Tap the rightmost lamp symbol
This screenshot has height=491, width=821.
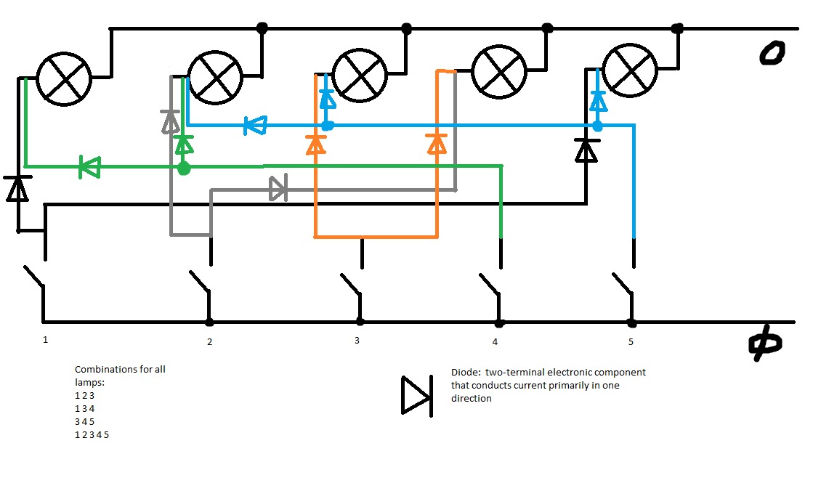click(x=630, y=70)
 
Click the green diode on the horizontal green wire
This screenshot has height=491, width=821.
click(x=89, y=168)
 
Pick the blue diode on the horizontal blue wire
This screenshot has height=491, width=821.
click(x=255, y=126)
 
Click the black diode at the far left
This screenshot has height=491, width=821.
click(x=17, y=188)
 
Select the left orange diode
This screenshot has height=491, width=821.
click(x=315, y=145)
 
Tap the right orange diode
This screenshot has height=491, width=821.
click(x=437, y=144)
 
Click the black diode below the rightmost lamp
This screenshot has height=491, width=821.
click(x=586, y=150)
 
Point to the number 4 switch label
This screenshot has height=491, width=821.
click(x=496, y=341)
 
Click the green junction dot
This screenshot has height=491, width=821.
click(x=184, y=169)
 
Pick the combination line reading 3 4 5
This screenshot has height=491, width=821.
click(x=85, y=421)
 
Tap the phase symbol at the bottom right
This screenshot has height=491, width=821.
click(x=765, y=345)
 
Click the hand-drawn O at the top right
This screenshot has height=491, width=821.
click(x=772, y=54)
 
